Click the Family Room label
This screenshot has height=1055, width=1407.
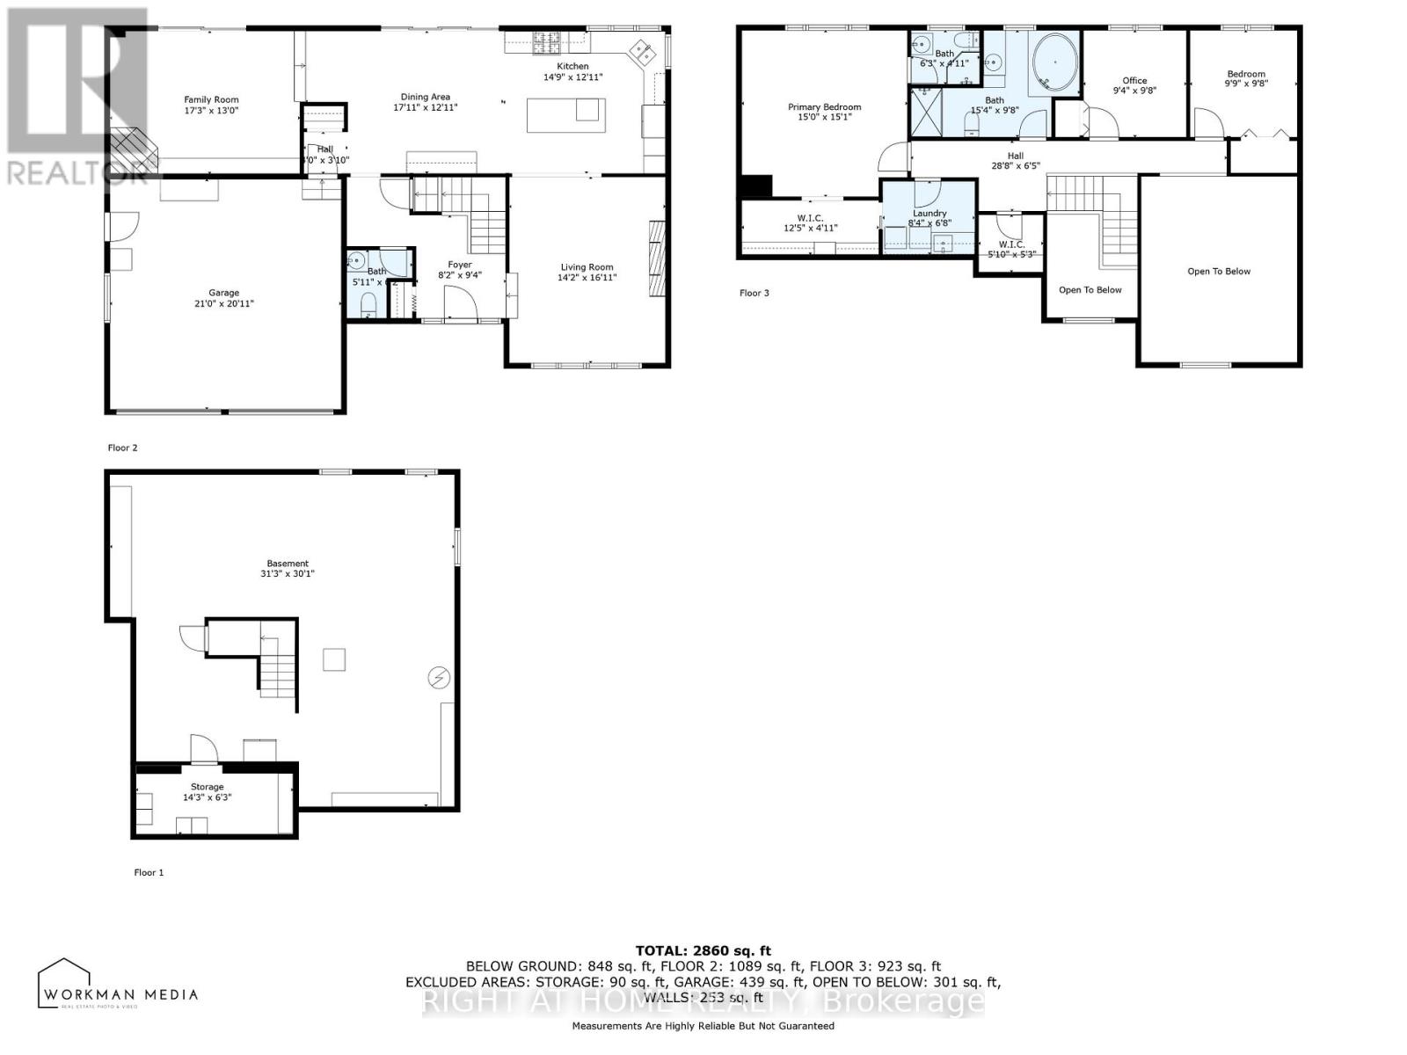tap(211, 99)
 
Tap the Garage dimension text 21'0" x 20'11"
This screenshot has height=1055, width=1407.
tap(224, 303)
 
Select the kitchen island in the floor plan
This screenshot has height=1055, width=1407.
tap(565, 115)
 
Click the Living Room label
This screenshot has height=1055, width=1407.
tap(587, 267)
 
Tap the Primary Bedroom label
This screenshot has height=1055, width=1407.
tap(824, 107)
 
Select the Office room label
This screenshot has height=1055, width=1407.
tap(1134, 80)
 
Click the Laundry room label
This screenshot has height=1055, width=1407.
tap(929, 214)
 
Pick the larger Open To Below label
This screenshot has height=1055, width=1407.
tap(1218, 271)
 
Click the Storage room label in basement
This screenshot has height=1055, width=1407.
tap(208, 787)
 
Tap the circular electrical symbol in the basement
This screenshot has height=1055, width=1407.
tap(438, 678)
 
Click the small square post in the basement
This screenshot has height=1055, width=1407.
tap(333, 659)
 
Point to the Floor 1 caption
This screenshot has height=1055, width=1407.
tap(149, 872)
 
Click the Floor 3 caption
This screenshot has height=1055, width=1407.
tap(754, 293)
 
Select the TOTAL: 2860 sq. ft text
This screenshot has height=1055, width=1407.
tap(703, 950)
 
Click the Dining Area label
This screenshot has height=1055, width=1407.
tap(426, 97)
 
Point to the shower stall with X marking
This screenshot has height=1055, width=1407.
tap(924, 111)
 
